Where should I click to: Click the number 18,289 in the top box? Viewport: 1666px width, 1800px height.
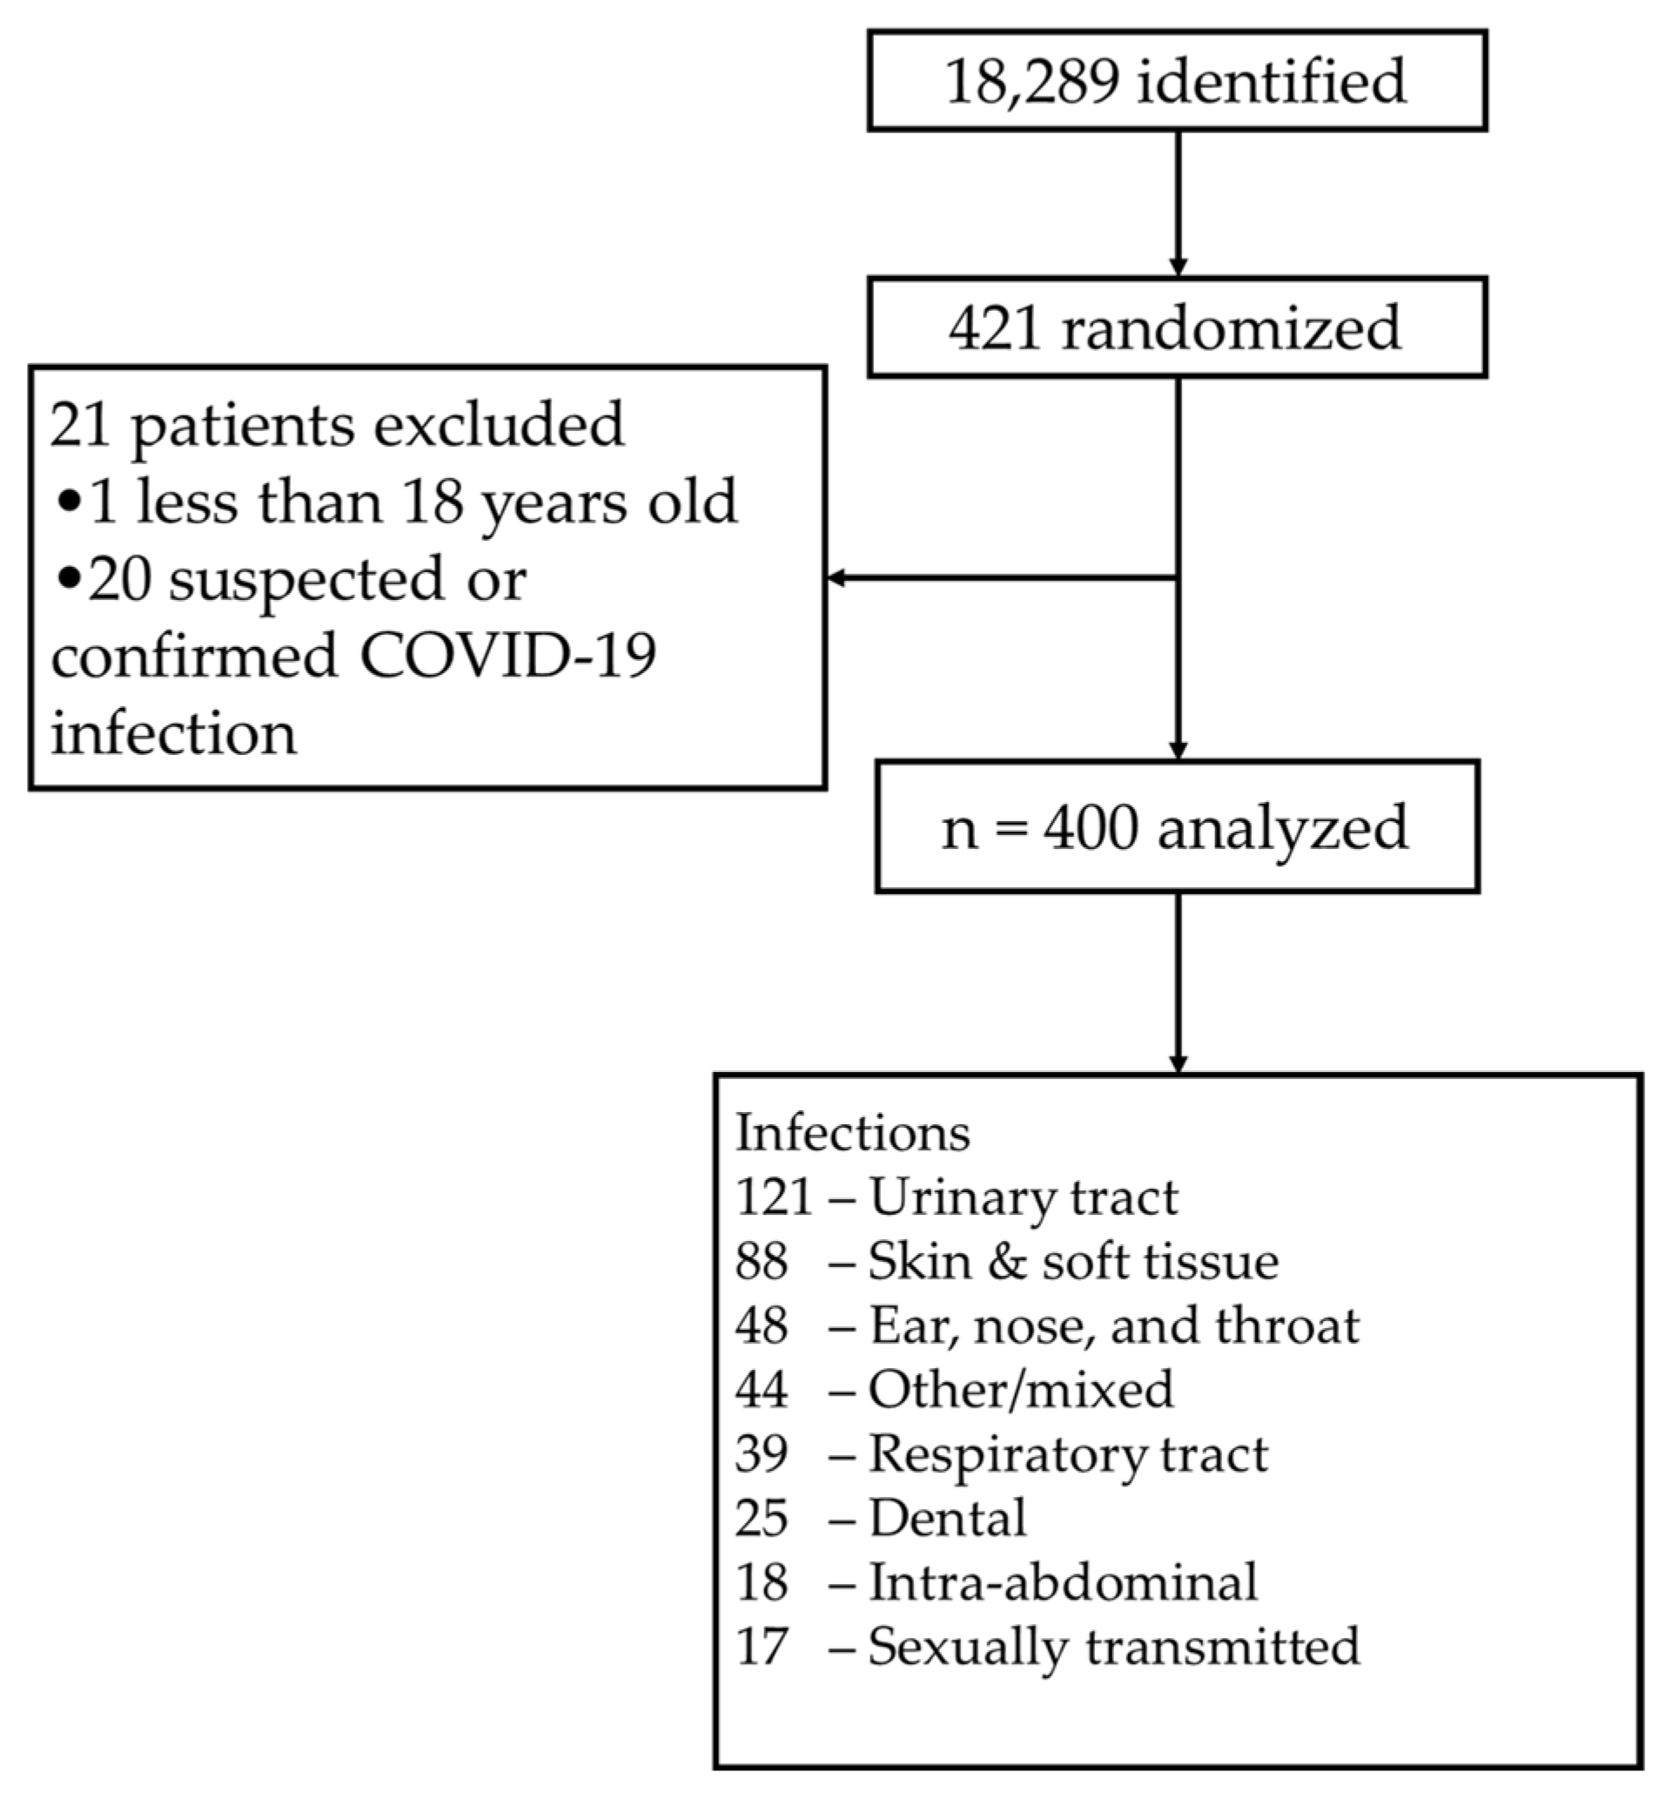tap(1032, 81)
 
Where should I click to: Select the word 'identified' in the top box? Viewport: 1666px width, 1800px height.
tap(1271, 81)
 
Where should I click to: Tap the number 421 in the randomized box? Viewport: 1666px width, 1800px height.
tap(993, 328)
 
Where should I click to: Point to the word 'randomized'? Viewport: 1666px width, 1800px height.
tap(1232, 328)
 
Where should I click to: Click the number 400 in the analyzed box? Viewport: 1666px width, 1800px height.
tap(1090, 828)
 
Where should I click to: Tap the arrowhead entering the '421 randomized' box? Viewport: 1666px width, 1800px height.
tap(1178, 268)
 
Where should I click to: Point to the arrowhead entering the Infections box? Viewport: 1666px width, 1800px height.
tap(1178, 1064)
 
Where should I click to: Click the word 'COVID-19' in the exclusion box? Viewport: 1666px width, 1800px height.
tap(508, 656)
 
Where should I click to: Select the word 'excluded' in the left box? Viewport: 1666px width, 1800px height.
tap(499, 424)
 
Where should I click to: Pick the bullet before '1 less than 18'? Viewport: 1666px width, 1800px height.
tap(69, 503)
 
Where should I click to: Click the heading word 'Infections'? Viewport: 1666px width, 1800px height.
tap(853, 1133)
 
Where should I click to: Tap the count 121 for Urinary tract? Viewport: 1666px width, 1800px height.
tap(774, 1197)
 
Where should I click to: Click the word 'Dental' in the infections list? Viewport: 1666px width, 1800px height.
tap(948, 1518)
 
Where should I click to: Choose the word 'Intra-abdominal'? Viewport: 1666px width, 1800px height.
tap(1063, 1581)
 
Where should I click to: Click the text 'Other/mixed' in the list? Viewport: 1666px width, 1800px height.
tap(1020, 1390)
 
